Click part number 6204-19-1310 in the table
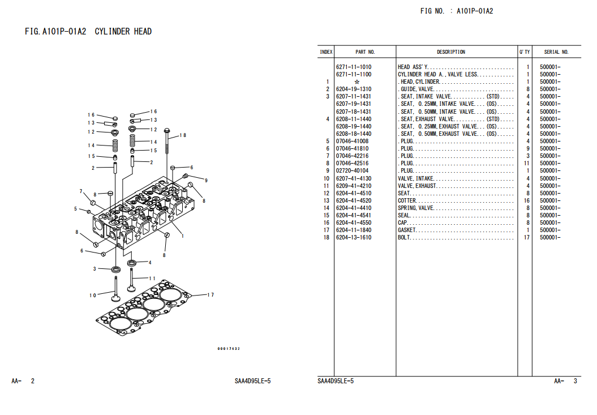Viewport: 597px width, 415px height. click(x=354, y=89)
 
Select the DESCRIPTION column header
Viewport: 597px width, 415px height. click(x=451, y=52)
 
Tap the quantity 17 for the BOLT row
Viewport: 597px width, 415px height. click(x=526, y=238)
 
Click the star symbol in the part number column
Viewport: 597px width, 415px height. click(x=357, y=82)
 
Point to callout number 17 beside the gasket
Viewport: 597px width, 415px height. click(x=211, y=294)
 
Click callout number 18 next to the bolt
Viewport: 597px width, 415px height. click(x=183, y=135)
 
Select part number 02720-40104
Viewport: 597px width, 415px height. click(x=352, y=171)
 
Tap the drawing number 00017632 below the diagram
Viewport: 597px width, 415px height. click(x=229, y=349)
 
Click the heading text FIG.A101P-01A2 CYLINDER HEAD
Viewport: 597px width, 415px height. click(x=88, y=32)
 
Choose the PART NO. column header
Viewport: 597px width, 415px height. click(x=365, y=52)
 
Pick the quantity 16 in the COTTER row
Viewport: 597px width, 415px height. click(x=526, y=201)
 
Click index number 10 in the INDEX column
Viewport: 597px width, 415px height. click(x=327, y=178)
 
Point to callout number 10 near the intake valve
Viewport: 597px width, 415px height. click(x=92, y=295)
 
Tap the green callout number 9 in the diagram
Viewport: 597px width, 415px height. click(x=206, y=181)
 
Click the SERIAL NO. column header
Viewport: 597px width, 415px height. click(x=556, y=52)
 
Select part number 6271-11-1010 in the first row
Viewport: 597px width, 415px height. click(x=354, y=67)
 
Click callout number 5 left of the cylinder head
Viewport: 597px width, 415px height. click(x=75, y=209)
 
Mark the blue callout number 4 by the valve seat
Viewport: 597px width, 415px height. click(x=150, y=263)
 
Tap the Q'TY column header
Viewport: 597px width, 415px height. click(x=525, y=52)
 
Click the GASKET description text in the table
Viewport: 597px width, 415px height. click(x=407, y=230)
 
